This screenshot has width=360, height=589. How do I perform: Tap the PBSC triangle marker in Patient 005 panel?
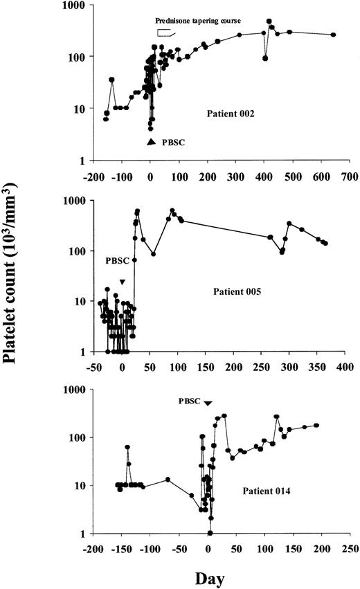click(x=122, y=282)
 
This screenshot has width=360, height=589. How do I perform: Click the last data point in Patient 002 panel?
click(x=333, y=35)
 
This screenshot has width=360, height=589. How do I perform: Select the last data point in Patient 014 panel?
click(x=316, y=425)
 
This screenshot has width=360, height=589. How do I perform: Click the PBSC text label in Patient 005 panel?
click(x=117, y=262)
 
